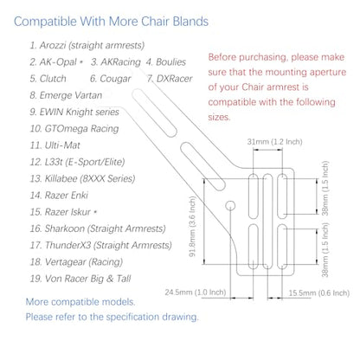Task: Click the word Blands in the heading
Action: click(x=190, y=22)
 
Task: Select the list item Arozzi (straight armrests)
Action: click(x=87, y=45)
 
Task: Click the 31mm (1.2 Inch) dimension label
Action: click(x=274, y=142)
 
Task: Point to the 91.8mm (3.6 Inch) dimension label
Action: click(x=192, y=226)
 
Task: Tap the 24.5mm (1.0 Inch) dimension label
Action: click(x=196, y=292)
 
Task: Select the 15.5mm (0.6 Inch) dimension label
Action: click(x=319, y=293)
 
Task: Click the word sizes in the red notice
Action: click(x=219, y=117)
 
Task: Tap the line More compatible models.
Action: click(x=80, y=302)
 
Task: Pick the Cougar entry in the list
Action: click(x=111, y=79)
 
